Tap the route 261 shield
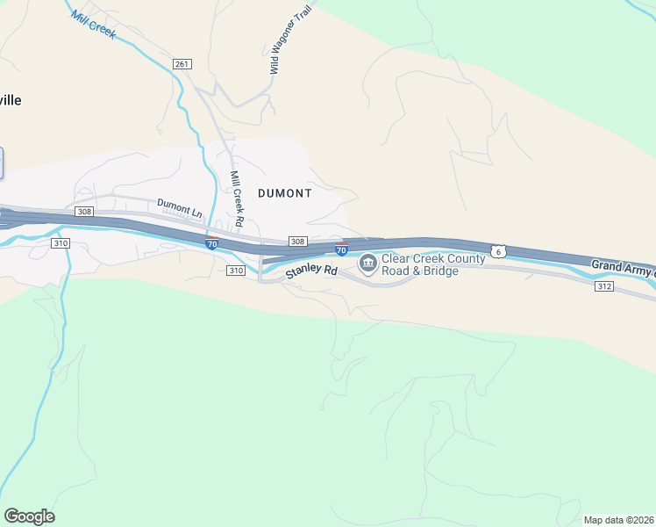click(x=182, y=64)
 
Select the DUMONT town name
click(x=284, y=192)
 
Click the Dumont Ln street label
click(x=179, y=207)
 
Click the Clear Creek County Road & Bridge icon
click(x=367, y=263)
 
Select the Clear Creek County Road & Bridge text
click(x=432, y=264)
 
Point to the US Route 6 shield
click(x=498, y=251)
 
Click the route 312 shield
click(x=603, y=286)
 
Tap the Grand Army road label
click(x=623, y=265)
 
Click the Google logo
click(x=29, y=516)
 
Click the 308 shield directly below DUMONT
click(x=297, y=242)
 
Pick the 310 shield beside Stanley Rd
click(x=236, y=271)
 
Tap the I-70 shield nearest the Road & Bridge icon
click(x=342, y=250)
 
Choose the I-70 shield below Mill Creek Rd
click(x=211, y=243)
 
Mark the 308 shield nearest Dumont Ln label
click(x=84, y=212)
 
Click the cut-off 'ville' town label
click(x=11, y=100)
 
